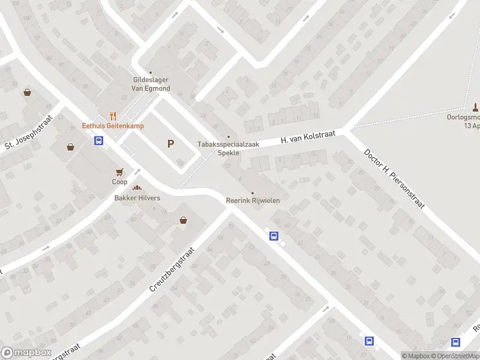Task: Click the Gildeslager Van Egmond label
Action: (x=151, y=84)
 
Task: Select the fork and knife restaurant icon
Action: (x=112, y=116)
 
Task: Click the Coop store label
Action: (x=119, y=181)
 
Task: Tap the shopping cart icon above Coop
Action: (x=119, y=172)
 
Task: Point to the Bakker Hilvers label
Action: (x=137, y=198)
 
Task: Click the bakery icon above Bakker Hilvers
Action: (x=137, y=188)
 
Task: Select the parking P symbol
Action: (x=171, y=144)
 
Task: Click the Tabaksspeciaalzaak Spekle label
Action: (x=228, y=148)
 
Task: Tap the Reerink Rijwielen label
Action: (x=253, y=200)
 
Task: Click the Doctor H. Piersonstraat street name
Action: (x=394, y=178)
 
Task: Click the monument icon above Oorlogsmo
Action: (x=475, y=108)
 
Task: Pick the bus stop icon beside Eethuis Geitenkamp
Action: (x=98, y=141)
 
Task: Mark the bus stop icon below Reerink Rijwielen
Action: (x=274, y=236)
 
